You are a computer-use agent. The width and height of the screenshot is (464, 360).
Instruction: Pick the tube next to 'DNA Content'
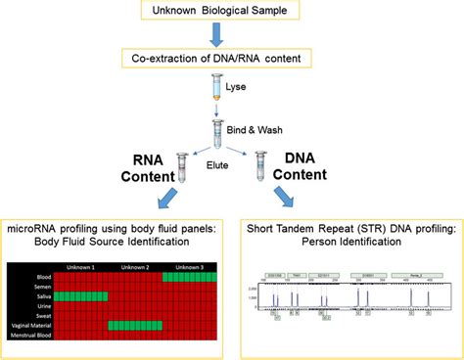click(x=258, y=166)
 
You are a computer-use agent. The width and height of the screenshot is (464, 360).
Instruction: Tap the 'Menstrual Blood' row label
click(x=29, y=335)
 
